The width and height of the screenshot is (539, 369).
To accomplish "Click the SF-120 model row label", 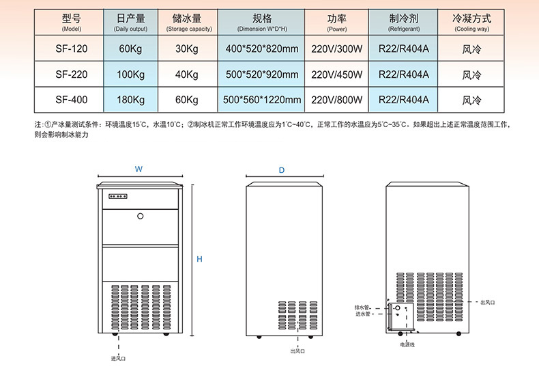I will click(x=71, y=49).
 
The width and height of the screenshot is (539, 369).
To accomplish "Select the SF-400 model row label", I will click(x=71, y=100).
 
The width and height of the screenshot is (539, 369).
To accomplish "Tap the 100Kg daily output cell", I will click(x=130, y=74).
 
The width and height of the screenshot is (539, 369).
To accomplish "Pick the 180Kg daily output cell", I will click(x=130, y=100).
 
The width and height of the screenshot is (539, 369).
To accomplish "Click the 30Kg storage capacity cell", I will click(x=186, y=49).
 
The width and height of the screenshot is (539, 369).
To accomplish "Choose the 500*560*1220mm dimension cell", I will click(x=262, y=100).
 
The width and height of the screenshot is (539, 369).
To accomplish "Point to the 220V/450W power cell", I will click(x=336, y=74).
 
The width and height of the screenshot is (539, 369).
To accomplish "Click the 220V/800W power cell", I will click(x=336, y=100).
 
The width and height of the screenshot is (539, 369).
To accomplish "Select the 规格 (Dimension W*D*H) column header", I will click(x=262, y=23).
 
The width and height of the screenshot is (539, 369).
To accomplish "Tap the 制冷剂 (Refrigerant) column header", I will click(x=403, y=23).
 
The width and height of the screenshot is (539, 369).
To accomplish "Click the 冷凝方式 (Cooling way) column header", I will click(x=471, y=23).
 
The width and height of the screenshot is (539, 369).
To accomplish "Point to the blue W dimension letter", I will click(x=139, y=168).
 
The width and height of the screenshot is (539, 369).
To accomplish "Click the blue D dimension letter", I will click(x=282, y=169).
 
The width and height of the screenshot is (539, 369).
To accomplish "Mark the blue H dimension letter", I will click(x=199, y=259).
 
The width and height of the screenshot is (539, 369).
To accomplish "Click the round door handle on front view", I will click(x=141, y=217).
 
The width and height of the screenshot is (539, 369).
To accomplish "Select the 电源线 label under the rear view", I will click(x=407, y=344).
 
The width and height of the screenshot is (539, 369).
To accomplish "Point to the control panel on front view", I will click(x=120, y=197).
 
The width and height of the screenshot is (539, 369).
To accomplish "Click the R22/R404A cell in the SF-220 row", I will click(x=403, y=74).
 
